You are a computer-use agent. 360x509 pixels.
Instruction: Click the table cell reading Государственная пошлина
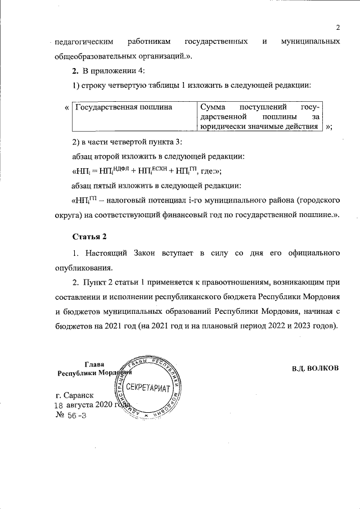(123, 106)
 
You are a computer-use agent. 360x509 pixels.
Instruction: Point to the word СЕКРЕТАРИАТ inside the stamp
(148, 388)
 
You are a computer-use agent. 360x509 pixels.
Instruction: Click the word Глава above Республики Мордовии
(94, 364)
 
